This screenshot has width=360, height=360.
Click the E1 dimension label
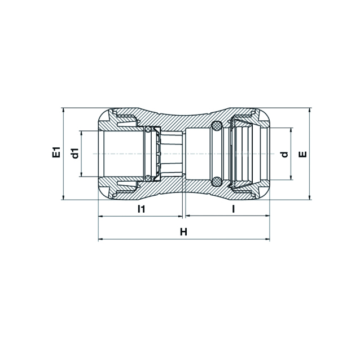point(56,152)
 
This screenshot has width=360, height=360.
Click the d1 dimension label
point(75,153)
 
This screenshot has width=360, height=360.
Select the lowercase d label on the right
point(284,155)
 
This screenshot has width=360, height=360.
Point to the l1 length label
point(141,209)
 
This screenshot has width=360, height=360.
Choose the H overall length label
point(183,232)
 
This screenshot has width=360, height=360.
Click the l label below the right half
point(234,209)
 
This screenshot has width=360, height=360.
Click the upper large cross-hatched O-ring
point(217,125)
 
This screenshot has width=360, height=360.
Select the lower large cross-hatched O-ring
point(217,182)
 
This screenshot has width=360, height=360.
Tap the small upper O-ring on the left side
point(148,129)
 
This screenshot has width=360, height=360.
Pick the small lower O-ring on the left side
point(148,178)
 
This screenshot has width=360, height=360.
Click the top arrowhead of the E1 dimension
point(64,110)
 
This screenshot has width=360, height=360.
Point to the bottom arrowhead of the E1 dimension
point(64,197)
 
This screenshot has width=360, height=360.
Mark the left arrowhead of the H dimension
point(101,239)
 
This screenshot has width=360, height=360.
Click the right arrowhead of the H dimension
point(267,239)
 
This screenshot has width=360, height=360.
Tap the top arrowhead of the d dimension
point(291,130)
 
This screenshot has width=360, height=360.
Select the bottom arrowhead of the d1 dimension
point(81,174)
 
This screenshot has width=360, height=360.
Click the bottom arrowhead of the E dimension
point(309,197)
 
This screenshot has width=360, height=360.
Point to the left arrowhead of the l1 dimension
point(101,216)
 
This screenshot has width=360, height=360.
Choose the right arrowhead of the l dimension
point(267,216)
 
